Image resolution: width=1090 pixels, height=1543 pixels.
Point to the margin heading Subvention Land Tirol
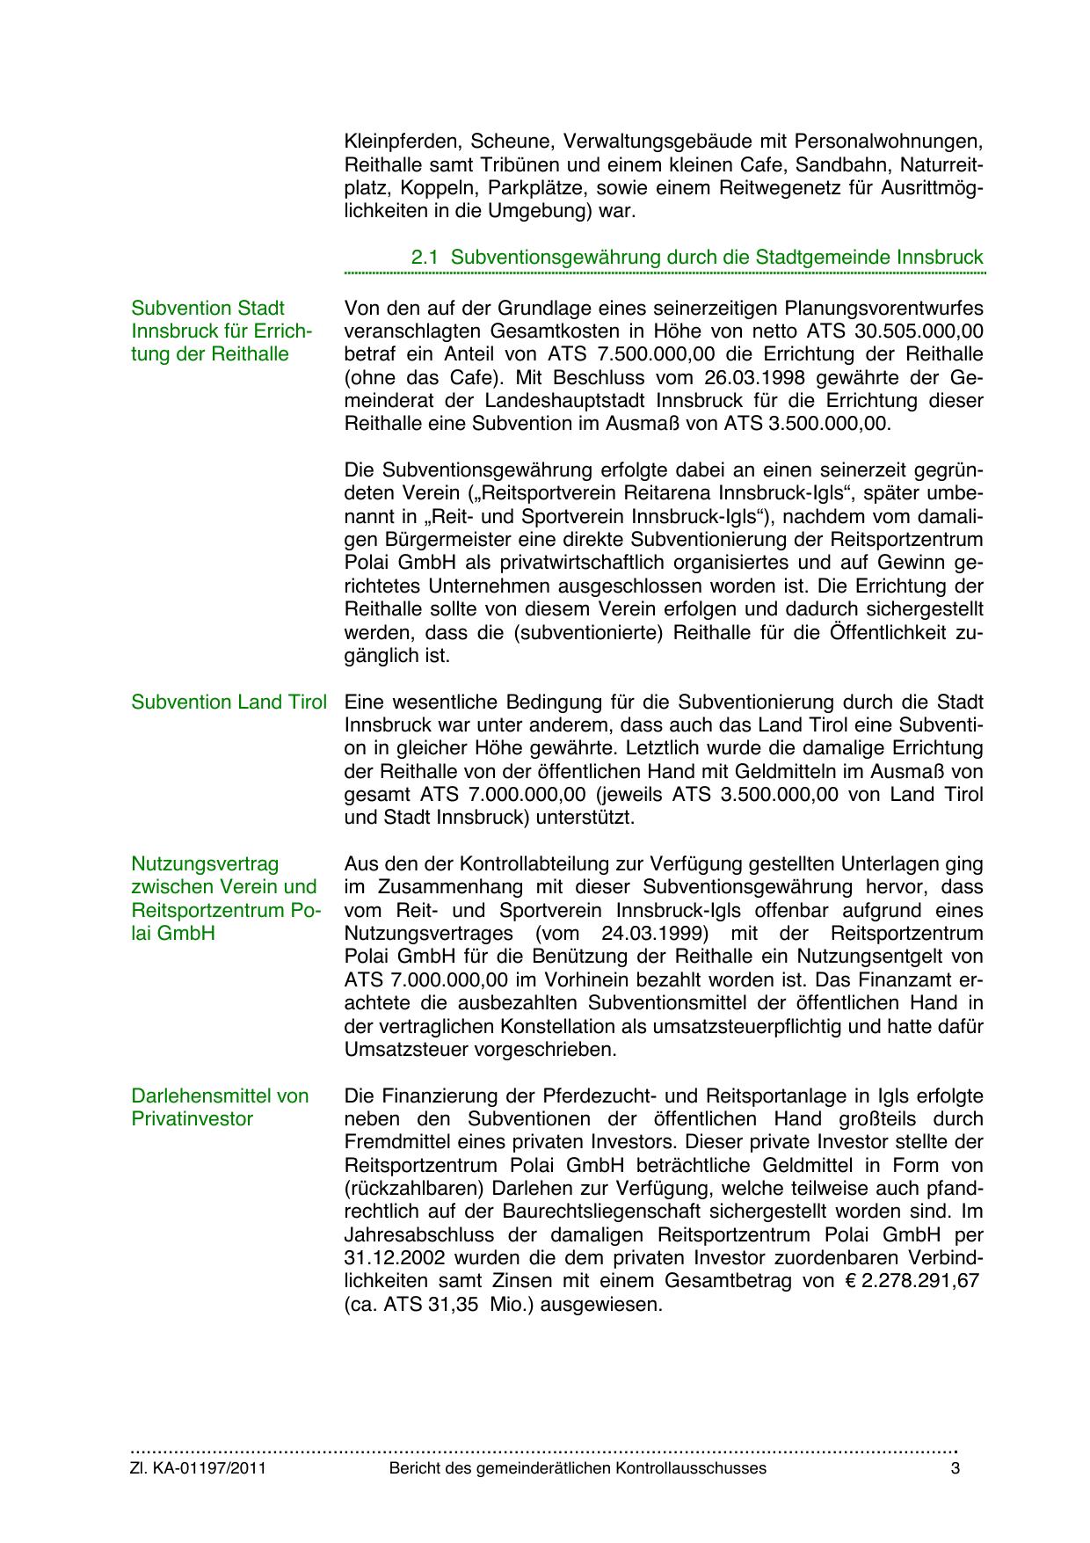tap(229, 702)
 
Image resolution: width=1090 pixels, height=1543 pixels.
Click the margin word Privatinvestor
tap(192, 1119)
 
